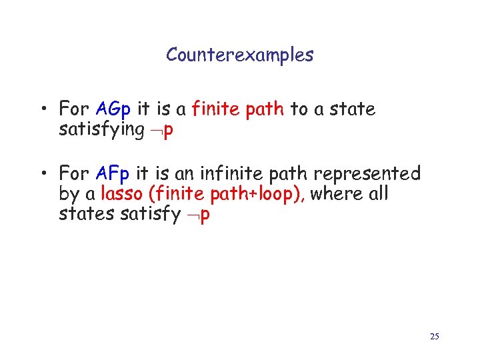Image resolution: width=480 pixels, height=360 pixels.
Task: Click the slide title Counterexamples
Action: pyautogui.click(x=239, y=55)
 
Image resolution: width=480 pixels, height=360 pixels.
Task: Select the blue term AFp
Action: pyautogui.click(x=114, y=174)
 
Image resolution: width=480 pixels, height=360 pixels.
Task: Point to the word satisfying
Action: pyautogui.click(x=101, y=129)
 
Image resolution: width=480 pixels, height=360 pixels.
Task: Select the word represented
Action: pyautogui.click(x=367, y=174)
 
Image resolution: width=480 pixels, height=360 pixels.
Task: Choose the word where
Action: pyautogui.click(x=331, y=195)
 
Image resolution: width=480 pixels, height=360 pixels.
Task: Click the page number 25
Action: pyautogui.click(x=434, y=337)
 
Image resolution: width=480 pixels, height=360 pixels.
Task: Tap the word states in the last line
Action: pyautogui.click(x=81, y=215)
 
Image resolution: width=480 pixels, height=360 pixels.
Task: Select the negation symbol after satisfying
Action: pyautogui.click(x=155, y=131)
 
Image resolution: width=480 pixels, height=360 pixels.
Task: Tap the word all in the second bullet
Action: pyautogui.click(x=378, y=195)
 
